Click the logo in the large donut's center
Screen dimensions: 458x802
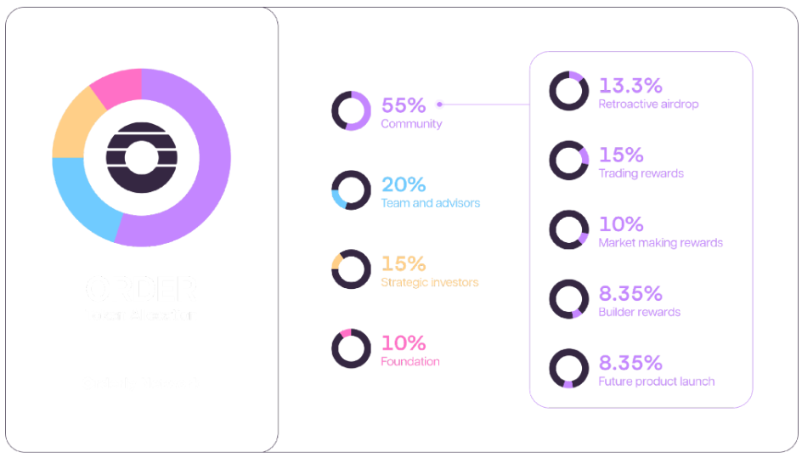point(140,157)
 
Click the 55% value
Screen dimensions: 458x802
point(403,105)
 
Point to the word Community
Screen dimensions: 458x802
point(411,124)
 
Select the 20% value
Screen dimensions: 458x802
point(403,184)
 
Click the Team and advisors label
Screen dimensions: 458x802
point(430,203)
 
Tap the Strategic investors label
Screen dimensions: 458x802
point(429,282)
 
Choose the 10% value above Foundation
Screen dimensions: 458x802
point(403,342)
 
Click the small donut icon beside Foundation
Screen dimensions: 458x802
point(351,348)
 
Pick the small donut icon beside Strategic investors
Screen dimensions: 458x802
point(351,269)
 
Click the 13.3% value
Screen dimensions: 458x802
point(630,86)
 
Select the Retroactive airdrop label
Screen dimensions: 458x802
point(648,105)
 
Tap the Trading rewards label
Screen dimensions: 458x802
point(641,173)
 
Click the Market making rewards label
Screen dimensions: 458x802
point(660,243)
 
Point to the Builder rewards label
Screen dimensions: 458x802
point(639,312)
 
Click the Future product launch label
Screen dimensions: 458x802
point(656,382)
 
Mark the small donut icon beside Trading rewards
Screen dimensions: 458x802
point(568,161)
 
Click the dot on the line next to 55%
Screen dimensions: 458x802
point(439,105)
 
